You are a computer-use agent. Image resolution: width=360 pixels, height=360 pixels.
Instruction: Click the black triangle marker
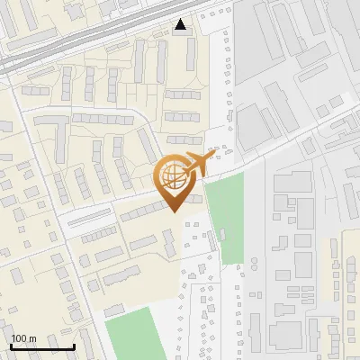pos(182,24)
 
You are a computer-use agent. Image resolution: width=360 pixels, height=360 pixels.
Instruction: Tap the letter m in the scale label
pos(32,337)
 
